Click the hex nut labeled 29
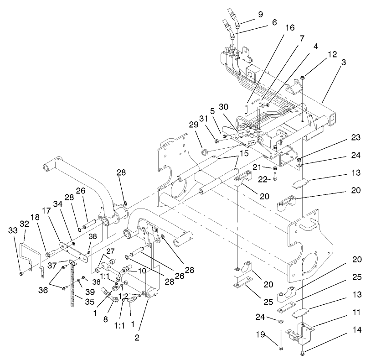point(205,151)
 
